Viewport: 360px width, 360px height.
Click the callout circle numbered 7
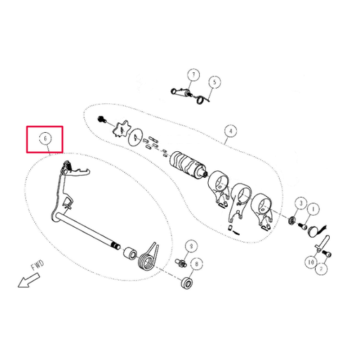click(193, 75)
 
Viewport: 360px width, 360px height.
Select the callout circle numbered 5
click(214, 82)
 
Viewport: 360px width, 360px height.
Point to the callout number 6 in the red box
click(45, 139)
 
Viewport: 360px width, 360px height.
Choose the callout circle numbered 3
click(300, 205)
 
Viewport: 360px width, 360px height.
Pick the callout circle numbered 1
click(313, 208)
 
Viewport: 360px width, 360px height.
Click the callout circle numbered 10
click(310, 262)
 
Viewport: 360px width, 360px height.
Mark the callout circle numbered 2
click(321, 268)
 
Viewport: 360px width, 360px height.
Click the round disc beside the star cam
click(137, 137)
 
